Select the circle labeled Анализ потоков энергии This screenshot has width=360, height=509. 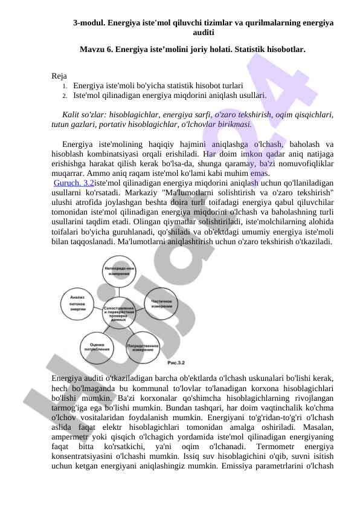[78, 302]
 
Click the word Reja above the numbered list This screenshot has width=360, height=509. [59, 76]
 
